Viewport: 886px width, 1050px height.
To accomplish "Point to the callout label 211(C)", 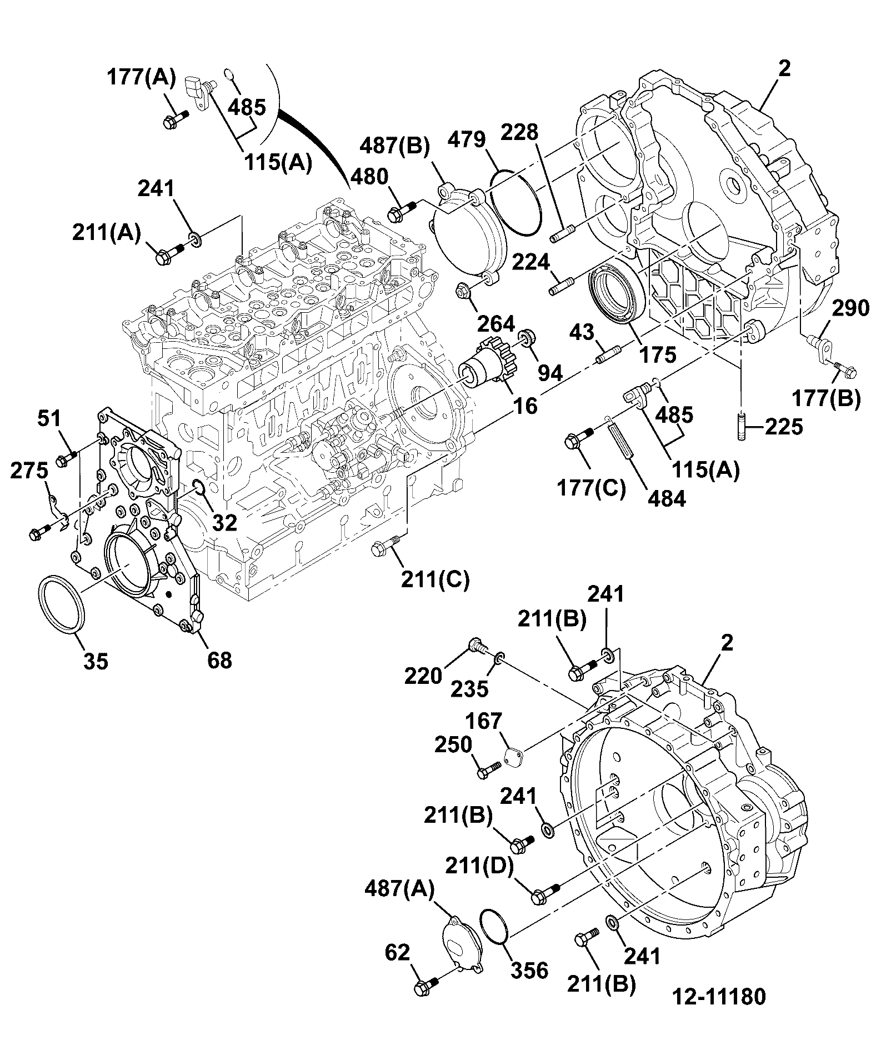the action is (436, 579).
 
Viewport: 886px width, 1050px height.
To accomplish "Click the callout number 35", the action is (96, 661).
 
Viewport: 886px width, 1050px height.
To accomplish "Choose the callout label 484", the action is (667, 498).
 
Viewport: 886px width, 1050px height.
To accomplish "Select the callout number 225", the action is (784, 427).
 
